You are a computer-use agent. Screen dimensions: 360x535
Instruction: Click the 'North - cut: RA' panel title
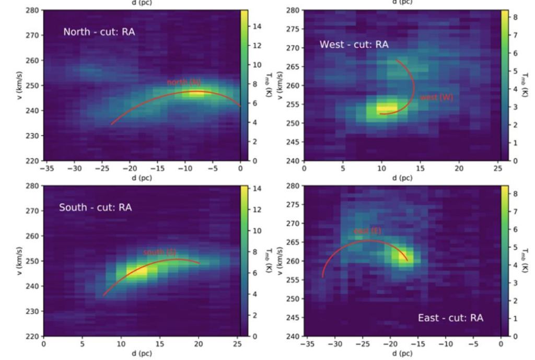tap(99, 32)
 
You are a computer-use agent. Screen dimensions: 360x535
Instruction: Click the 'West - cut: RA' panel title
tap(354, 45)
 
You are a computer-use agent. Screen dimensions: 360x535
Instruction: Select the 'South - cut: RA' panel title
tap(95, 207)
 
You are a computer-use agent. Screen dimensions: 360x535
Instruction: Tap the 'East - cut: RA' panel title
tap(450, 318)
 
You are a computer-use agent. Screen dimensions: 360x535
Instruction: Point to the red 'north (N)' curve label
tap(183, 82)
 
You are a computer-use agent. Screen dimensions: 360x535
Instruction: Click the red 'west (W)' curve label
tap(436, 98)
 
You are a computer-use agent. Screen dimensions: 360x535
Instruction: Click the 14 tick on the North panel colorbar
tap(257, 26)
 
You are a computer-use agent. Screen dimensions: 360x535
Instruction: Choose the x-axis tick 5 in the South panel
tap(82, 344)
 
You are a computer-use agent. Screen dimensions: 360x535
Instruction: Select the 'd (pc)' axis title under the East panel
tap(402, 353)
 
